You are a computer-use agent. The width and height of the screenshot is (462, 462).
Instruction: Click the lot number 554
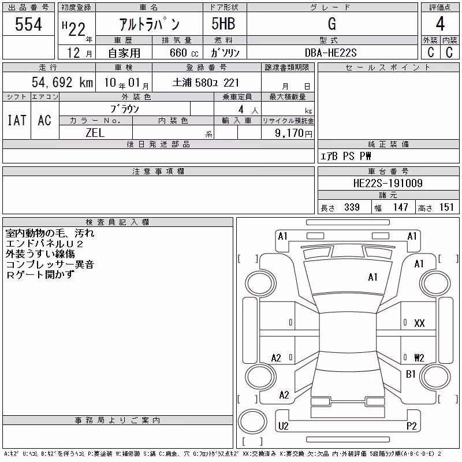28,24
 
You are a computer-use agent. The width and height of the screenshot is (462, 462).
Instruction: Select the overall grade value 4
440,24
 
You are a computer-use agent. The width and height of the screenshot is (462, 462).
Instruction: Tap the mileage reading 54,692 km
62,82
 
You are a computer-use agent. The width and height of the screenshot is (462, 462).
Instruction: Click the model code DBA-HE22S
330,53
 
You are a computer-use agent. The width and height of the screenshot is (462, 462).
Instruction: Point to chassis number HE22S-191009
388,183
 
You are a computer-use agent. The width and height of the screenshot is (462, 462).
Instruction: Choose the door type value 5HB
223,24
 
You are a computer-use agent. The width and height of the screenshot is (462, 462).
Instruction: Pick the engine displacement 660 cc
184,53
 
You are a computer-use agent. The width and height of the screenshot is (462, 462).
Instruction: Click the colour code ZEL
95,133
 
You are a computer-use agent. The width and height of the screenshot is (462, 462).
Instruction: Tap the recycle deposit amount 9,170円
293,133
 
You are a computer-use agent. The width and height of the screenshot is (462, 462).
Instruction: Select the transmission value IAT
17,120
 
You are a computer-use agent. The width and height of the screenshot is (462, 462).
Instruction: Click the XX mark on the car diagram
419,323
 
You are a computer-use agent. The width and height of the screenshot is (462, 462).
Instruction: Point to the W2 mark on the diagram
419,357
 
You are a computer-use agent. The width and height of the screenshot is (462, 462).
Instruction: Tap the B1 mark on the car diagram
411,374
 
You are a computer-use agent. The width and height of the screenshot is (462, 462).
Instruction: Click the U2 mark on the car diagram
283,426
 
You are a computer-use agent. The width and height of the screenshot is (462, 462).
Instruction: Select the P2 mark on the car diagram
411,426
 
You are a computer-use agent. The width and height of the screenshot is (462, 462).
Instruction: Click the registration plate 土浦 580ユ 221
206,83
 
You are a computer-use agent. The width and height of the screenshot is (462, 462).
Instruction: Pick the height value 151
446,207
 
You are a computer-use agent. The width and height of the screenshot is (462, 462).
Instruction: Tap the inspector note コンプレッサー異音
50,264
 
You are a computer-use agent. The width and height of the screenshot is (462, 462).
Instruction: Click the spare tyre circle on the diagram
252,422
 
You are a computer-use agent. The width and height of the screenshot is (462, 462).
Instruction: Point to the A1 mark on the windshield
372,277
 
